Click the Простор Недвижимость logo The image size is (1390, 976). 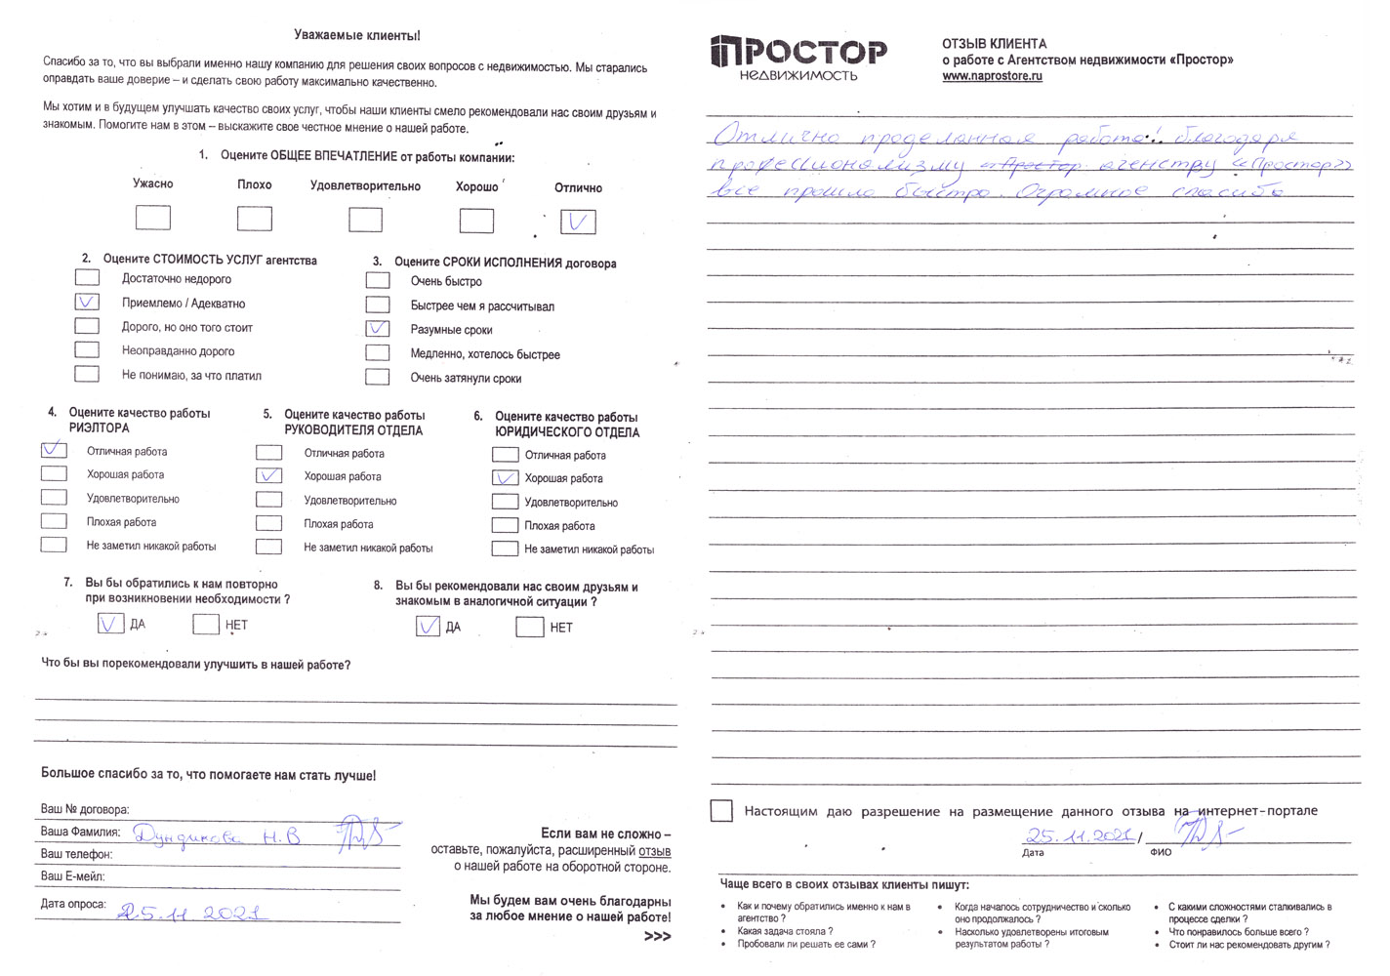pyautogui.click(x=798, y=58)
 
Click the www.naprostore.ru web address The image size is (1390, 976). pyautogui.click(x=992, y=76)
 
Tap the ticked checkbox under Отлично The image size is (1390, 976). pyautogui.click(x=578, y=223)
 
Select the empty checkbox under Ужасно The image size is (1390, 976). pyautogui.click(x=153, y=218)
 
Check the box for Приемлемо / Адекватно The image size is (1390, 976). pyautogui.click(x=87, y=303)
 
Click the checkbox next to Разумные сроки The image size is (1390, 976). pyautogui.click(x=378, y=329)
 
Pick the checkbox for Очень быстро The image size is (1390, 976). pyautogui.click(x=378, y=280)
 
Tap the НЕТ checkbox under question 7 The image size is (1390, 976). pyautogui.click(x=206, y=624)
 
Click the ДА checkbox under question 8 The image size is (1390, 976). pyautogui.click(x=428, y=626)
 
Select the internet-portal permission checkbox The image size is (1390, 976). pyautogui.click(x=722, y=811)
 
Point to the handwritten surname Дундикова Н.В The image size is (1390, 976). pyautogui.click(x=217, y=836)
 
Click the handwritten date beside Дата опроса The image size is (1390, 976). pyautogui.click(x=191, y=913)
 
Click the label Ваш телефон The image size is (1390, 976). pyautogui.click(x=76, y=854)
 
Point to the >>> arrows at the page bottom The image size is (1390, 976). pyautogui.click(x=657, y=937)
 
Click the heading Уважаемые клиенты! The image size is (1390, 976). pyautogui.click(x=357, y=35)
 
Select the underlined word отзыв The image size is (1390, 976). pyautogui.click(x=654, y=851)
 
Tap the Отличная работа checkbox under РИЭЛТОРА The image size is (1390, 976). pyautogui.click(x=54, y=450)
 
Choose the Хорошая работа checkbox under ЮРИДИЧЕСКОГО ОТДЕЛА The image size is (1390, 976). pyautogui.click(x=505, y=478)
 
